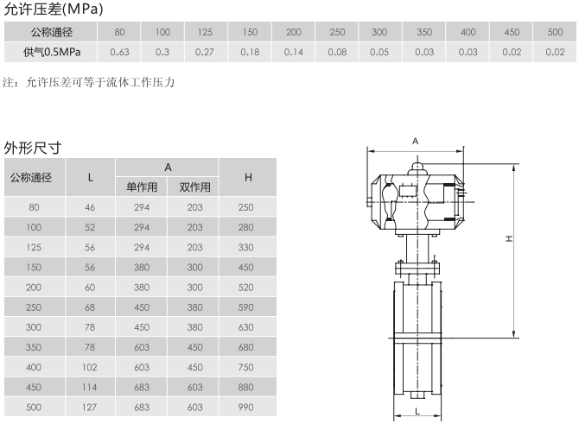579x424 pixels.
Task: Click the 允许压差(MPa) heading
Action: (x=54, y=9)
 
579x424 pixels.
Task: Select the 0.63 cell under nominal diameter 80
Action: (x=119, y=52)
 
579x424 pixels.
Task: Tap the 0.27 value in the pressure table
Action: (x=205, y=52)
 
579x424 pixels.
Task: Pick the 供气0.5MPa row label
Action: (x=52, y=52)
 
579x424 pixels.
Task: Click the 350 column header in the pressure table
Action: (x=424, y=32)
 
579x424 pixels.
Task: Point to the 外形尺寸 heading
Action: (x=33, y=148)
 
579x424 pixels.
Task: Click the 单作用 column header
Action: (x=142, y=187)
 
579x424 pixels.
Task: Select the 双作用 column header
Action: (x=195, y=187)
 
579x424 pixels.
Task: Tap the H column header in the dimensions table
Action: (x=248, y=178)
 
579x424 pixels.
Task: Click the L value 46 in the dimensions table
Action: (x=90, y=207)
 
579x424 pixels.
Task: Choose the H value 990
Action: (x=246, y=407)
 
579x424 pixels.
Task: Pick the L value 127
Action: (x=89, y=407)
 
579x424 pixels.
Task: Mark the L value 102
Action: (x=89, y=367)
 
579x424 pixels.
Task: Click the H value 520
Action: (x=246, y=288)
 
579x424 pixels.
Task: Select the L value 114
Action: (x=89, y=387)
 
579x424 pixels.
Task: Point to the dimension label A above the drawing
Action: (x=416, y=142)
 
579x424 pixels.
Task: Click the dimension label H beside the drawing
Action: (x=509, y=239)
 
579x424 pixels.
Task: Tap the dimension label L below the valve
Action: (x=417, y=411)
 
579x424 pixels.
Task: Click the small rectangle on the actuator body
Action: (x=408, y=191)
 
